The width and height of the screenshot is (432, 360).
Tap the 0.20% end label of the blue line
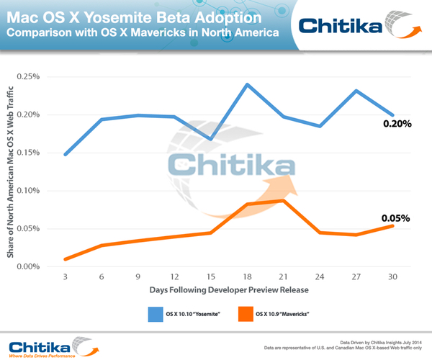pyautogui.click(x=397, y=124)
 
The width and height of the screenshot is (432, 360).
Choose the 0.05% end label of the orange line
pyautogui.click(x=397, y=217)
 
